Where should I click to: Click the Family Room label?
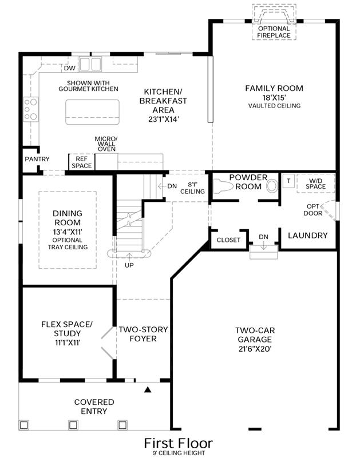274,88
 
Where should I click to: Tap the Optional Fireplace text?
274,32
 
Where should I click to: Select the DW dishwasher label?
70,68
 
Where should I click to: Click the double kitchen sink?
90,64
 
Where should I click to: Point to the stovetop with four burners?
31,109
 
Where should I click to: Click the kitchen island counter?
93,112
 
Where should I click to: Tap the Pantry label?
37,159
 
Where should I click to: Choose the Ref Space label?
81,162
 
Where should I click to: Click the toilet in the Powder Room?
223,186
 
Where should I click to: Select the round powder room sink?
271,186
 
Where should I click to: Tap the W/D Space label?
316,184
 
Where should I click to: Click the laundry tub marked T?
288,181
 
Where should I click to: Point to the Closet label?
228,240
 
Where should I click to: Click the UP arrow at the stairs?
129,257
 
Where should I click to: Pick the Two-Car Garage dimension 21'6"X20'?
255,349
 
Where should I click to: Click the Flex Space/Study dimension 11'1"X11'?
67,342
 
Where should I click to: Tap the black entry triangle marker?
148,389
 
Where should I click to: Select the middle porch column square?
73,425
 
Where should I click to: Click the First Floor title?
179,443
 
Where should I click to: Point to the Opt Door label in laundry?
312,210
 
